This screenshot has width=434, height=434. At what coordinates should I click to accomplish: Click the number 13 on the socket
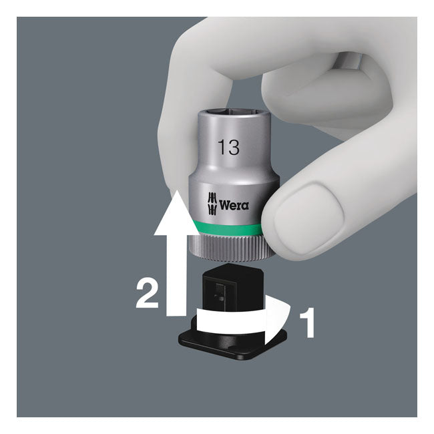click(x=228, y=148)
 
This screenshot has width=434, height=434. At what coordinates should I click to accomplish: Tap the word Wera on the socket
click(x=234, y=206)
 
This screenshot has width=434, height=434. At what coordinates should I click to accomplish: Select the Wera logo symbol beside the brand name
click(x=212, y=203)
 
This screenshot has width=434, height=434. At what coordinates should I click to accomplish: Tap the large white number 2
click(x=148, y=294)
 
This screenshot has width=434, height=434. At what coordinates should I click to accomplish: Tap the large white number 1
click(x=307, y=322)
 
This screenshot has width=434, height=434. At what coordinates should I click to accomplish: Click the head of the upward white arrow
click(x=176, y=213)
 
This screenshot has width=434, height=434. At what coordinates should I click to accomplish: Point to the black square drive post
click(x=230, y=290)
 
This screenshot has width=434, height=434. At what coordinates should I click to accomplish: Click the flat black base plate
click(x=232, y=342)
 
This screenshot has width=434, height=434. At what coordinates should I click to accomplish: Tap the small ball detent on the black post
click(x=220, y=298)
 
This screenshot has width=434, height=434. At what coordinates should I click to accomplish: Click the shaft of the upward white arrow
click(x=176, y=275)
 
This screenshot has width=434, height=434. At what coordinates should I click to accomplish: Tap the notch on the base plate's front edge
click(x=233, y=348)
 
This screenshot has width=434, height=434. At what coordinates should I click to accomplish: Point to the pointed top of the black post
click(x=230, y=266)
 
